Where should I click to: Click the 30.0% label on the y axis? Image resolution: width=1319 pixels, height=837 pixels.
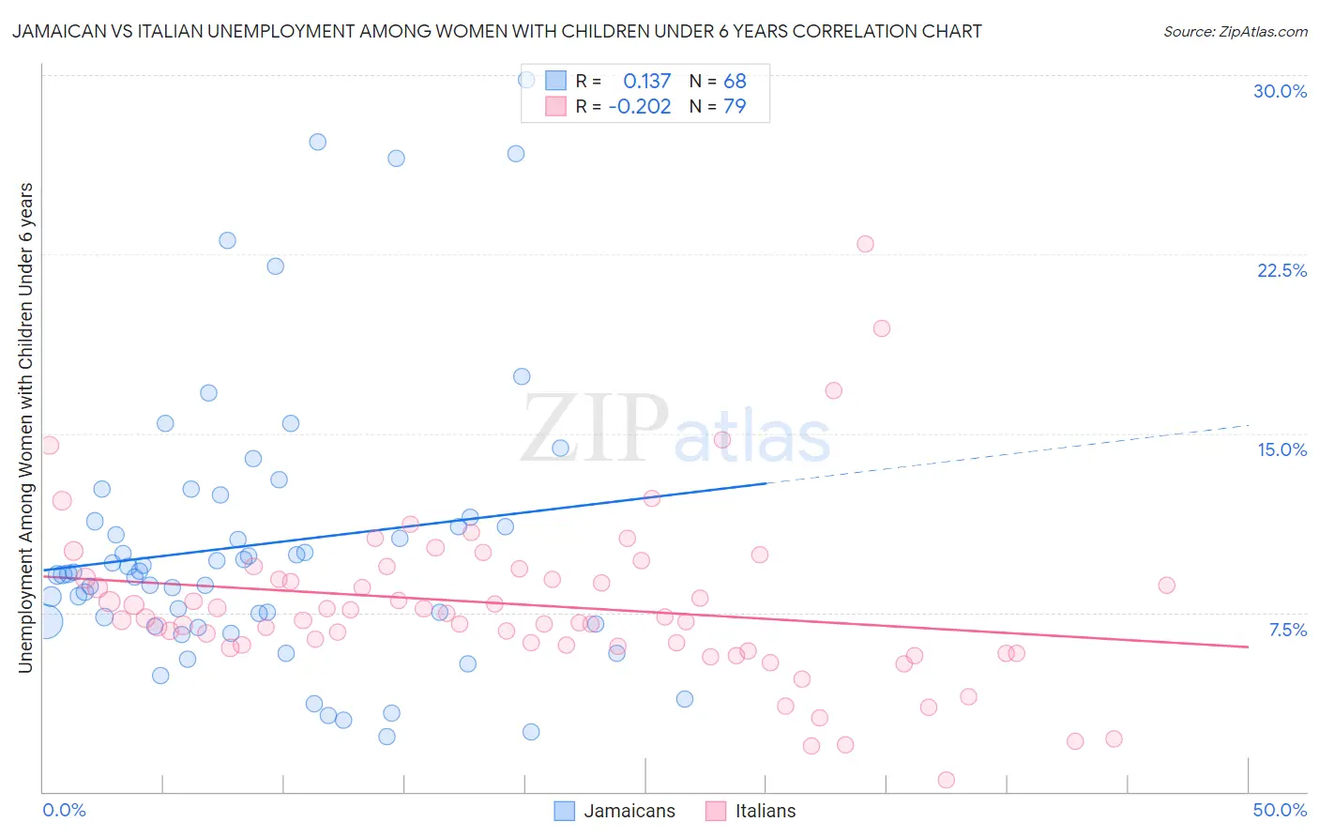click(1280, 91)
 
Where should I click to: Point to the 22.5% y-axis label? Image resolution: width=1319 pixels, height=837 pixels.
click(1281, 270)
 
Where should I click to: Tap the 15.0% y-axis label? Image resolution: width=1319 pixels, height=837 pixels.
click(1281, 449)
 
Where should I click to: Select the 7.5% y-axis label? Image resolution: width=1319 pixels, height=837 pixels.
click(1287, 630)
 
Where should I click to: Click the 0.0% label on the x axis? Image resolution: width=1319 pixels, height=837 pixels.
click(64, 810)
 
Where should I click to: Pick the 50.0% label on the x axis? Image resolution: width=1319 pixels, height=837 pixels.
click(1280, 810)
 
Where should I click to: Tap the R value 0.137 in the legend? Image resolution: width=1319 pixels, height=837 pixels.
click(646, 81)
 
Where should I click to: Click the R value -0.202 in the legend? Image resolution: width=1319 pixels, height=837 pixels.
click(640, 106)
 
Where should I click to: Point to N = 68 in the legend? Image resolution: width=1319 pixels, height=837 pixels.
click(718, 81)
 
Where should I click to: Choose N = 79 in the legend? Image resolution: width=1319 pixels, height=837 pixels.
click(718, 106)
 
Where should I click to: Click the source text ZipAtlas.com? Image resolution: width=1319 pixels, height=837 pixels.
click(1235, 31)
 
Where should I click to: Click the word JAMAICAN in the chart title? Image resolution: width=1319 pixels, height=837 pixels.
click(56, 31)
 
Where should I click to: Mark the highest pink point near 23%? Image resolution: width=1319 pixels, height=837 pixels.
click(865, 244)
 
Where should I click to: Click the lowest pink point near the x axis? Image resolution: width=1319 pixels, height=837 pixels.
click(946, 780)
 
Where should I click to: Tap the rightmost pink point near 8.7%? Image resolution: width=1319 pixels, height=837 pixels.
click(1166, 585)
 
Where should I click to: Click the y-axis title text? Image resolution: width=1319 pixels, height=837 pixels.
click(25, 427)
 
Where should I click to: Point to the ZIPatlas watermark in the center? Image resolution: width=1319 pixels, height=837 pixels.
click(675, 429)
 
